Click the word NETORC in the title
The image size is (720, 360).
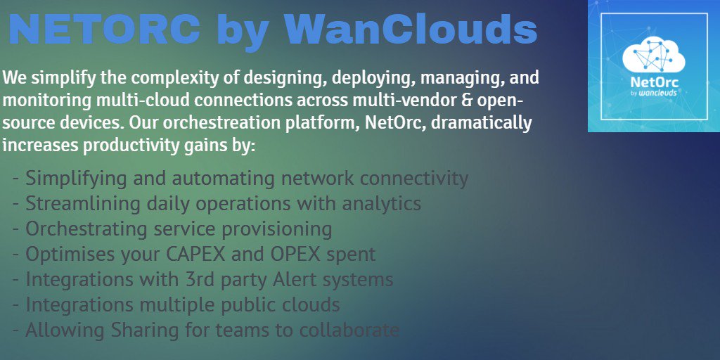click(x=104, y=30)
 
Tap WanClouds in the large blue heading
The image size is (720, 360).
click(x=411, y=30)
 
